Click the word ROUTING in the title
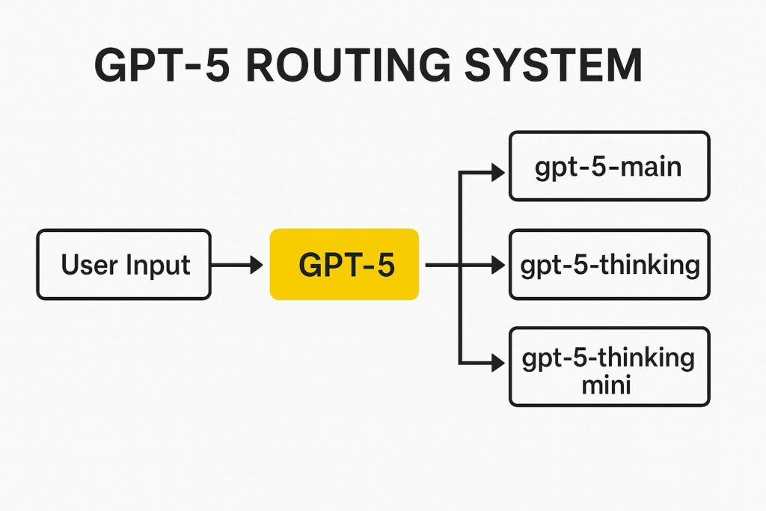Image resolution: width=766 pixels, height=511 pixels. coord(347,65)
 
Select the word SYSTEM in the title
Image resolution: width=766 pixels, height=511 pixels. coord(553,65)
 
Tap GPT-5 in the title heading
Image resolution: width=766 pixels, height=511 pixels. coord(162,65)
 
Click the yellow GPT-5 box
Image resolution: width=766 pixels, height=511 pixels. coord(344,264)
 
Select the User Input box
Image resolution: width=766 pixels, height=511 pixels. coord(124,264)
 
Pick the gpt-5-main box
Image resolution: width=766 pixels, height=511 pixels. coord(609,166)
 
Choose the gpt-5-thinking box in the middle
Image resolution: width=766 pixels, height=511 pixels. coord(609,264)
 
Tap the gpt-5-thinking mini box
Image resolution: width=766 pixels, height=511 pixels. coord(609,367)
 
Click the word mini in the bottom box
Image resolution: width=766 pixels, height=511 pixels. coord(606,385)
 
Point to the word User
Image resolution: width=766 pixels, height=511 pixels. coord(90,265)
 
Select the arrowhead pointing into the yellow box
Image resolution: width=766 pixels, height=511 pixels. coord(257,265)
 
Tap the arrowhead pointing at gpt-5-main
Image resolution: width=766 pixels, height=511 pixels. coord(498,172)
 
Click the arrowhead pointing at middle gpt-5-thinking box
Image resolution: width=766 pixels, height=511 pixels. coord(498,265)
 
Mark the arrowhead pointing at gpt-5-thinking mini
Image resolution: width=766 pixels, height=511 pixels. coord(498,363)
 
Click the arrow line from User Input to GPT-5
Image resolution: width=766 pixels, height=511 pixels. coord(237,265)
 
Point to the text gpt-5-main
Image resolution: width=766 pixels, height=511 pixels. coord(608,168)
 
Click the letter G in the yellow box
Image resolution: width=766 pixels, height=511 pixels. coord(310,265)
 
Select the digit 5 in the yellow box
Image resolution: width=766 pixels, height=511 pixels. coord(385,265)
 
